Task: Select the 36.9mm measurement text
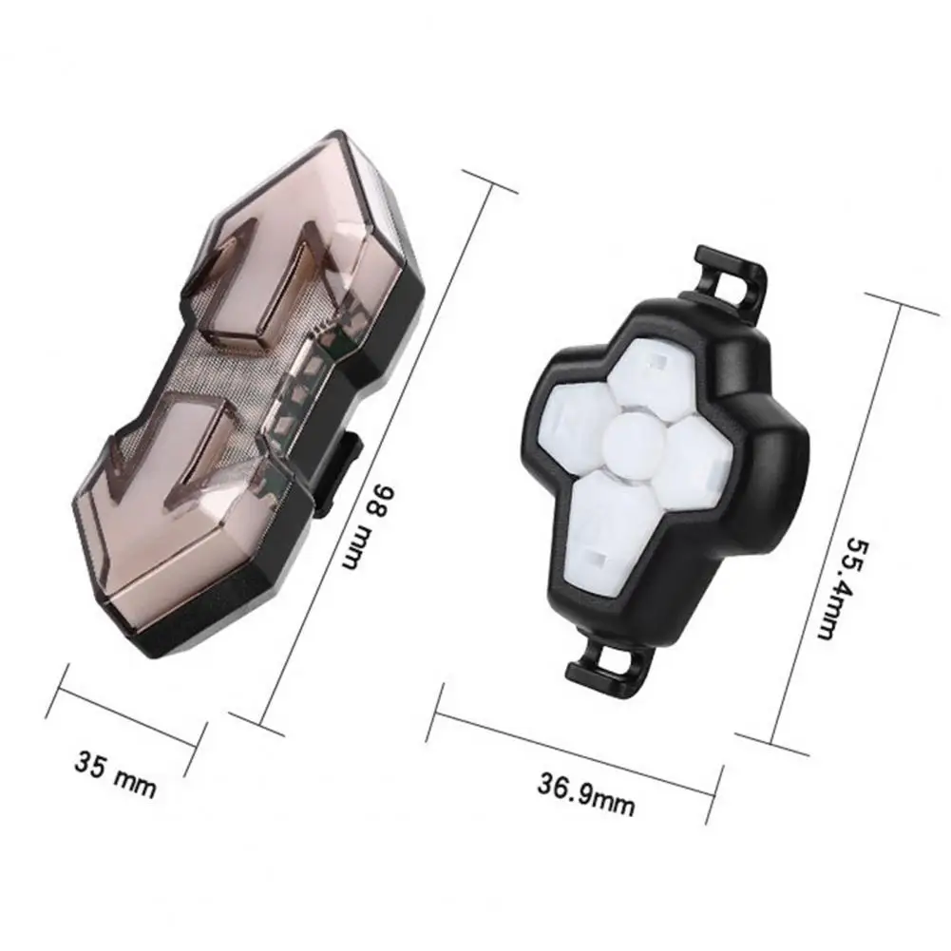click(x=586, y=794)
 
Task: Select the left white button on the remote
click(x=575, y=425)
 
